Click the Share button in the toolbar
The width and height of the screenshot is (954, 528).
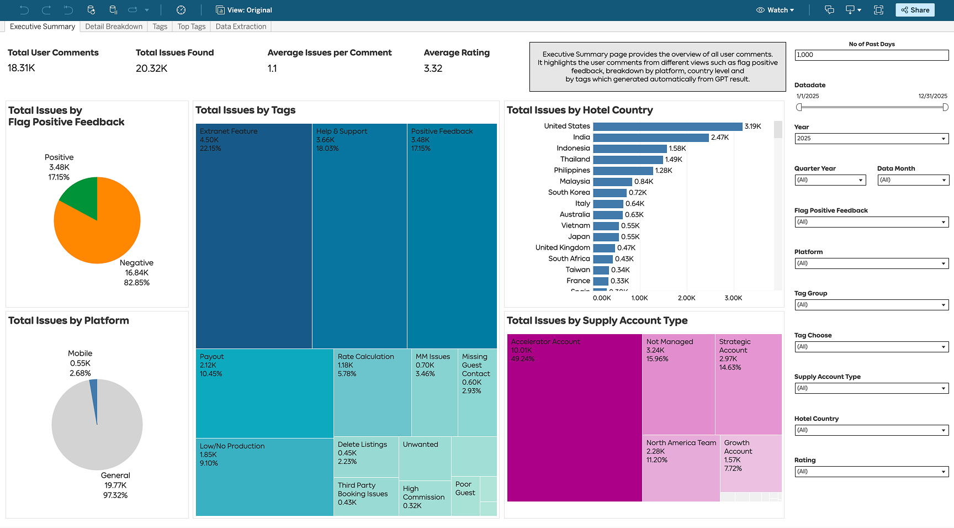tap(915, 10)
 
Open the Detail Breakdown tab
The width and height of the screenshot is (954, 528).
tap(114, 27)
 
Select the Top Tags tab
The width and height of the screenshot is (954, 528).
tap(191, 27)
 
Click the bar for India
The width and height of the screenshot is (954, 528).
tap(650, 138)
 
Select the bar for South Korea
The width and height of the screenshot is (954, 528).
tap(609, 193)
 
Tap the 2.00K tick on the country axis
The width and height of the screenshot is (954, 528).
tap(686, 298)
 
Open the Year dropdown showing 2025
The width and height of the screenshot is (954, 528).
tap(871, 139)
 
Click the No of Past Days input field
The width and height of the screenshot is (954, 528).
tap(871, 55)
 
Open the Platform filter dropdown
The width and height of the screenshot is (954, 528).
tap(871, 263)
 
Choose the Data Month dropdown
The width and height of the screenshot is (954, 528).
tap(913, 180)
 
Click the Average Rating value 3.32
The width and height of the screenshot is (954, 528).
tap(433, 68)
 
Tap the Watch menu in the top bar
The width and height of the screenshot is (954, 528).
tap(775, 10)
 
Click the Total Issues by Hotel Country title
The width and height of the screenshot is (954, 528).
tap(580, 110)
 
